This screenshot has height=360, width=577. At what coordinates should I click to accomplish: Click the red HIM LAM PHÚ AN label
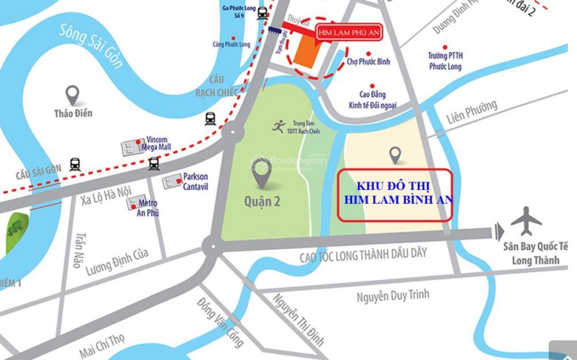pos(349,33)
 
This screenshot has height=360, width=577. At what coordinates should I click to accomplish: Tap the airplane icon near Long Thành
pos(526,221)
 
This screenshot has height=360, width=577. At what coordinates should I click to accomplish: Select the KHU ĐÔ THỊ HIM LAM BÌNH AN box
pos(394,195)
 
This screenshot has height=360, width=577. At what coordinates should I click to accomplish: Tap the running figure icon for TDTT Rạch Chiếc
pos(279,127)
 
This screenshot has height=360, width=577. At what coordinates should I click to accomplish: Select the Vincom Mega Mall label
pos(156,144)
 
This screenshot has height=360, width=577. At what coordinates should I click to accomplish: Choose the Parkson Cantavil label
pos(195,182)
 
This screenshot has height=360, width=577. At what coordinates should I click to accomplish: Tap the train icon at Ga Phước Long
pos(263,13)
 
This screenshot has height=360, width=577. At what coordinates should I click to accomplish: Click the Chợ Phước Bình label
pos(368,62)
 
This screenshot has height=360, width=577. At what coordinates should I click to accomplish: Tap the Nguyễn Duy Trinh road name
pos(392,296)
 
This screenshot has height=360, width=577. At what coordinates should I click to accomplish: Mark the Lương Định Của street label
pos(117,261)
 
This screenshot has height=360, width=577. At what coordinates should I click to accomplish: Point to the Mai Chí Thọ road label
pos(102,345)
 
